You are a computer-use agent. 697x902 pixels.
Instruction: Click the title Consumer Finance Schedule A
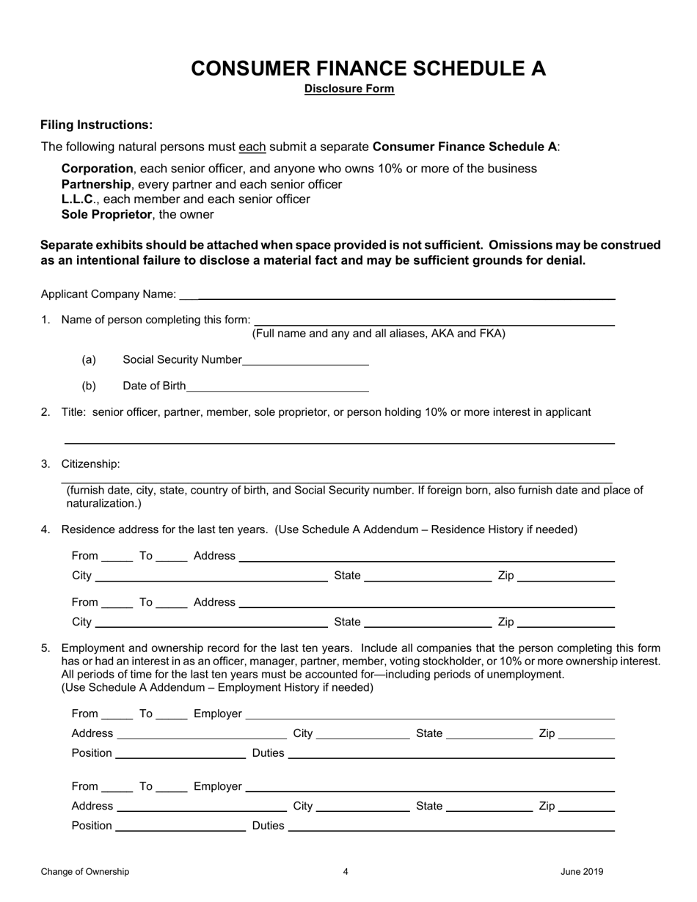coord(368,68)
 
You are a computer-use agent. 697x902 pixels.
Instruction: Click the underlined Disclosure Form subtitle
coord(349,89)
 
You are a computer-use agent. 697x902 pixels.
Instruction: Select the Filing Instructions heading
coord(97,125)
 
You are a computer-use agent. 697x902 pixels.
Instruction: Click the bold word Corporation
coord(98,169)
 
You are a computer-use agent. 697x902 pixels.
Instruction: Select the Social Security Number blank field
coord(305,360)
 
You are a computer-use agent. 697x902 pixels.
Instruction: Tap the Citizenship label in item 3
coord(90,464)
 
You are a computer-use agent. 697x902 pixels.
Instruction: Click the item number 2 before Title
coord(45,412)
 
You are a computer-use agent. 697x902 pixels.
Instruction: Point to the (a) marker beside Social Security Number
coord(89,360)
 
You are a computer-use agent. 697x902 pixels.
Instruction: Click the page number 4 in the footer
coord(346,872)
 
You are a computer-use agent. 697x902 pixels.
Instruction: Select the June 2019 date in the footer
coord(582,872)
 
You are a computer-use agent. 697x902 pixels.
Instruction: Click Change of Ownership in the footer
coord(85,872)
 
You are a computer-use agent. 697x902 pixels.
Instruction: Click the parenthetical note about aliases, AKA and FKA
coord(379,334)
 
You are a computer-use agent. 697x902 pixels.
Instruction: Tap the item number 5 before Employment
coord(45,648)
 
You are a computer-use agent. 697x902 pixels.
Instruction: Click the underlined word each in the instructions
coord(252,147)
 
